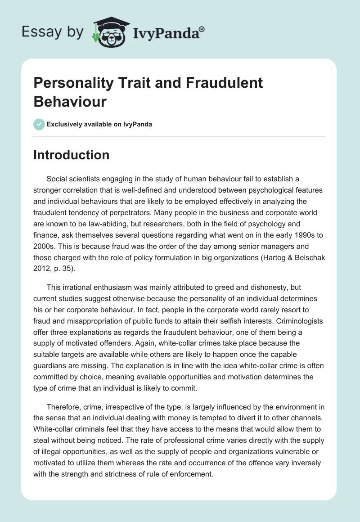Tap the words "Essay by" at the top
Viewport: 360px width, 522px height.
[52, 32]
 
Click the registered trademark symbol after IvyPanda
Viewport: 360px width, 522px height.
[202, 29]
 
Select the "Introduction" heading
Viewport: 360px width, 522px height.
[72, 155]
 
